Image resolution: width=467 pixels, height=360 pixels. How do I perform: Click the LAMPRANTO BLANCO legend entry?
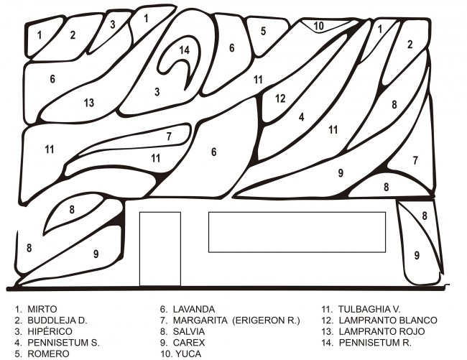click(388, 320)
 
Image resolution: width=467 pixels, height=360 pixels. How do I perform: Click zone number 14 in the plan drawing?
click(185, 50)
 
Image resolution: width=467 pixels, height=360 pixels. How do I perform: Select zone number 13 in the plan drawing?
click(88, 103)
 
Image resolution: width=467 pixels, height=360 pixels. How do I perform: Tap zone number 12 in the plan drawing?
click(280, 98)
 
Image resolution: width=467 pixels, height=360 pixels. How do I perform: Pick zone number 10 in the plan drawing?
click(319, 26)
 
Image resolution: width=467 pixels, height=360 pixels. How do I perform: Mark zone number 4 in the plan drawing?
click(302, 116)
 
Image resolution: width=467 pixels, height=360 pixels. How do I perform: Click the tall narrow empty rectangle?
click(159, 248)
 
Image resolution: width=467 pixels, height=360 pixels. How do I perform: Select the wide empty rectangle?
click(297, 231)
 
